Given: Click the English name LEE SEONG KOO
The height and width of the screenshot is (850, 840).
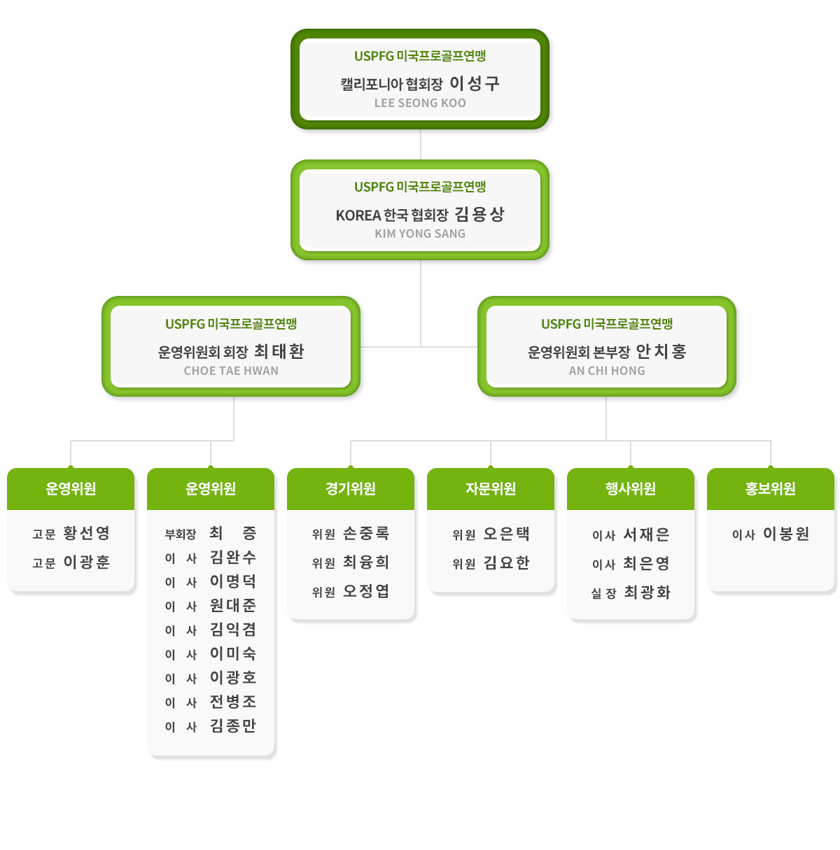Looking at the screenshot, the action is [420, 103].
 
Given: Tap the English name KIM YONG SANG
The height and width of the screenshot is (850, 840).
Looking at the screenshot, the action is [420, 234].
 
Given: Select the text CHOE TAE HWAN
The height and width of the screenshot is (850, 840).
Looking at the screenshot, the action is [231, 371].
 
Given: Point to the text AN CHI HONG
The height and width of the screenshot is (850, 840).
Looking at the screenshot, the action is [606, 371].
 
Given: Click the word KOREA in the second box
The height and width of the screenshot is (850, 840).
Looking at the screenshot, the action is [358, 215].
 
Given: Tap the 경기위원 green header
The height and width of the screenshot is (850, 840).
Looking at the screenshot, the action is [351, 489].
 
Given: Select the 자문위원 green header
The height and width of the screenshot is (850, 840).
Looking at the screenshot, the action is [491, 489].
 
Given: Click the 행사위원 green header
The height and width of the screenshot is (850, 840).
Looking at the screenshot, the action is [630, 489].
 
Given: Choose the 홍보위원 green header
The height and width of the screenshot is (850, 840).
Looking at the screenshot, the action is [770, 489].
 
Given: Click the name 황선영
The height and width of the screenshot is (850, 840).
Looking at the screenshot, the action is [87, 533].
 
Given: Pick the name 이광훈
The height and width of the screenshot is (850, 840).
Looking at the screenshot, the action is [87, 562].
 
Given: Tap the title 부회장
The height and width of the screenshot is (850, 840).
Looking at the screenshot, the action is [180, 534].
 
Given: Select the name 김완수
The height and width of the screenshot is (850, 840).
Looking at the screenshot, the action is [233, 557].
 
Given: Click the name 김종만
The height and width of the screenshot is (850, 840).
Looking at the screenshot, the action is [233, 725].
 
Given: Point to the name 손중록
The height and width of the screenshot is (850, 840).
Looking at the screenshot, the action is [366, 533].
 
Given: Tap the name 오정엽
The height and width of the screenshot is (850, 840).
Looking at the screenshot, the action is [366, 591].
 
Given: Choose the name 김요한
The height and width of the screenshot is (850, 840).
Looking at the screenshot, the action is [507, 563].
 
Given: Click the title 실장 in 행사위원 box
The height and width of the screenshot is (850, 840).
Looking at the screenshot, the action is [603, 593].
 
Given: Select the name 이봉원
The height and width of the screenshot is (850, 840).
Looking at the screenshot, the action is [786, 534].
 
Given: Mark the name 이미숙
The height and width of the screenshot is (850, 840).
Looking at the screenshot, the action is [233, 653].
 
